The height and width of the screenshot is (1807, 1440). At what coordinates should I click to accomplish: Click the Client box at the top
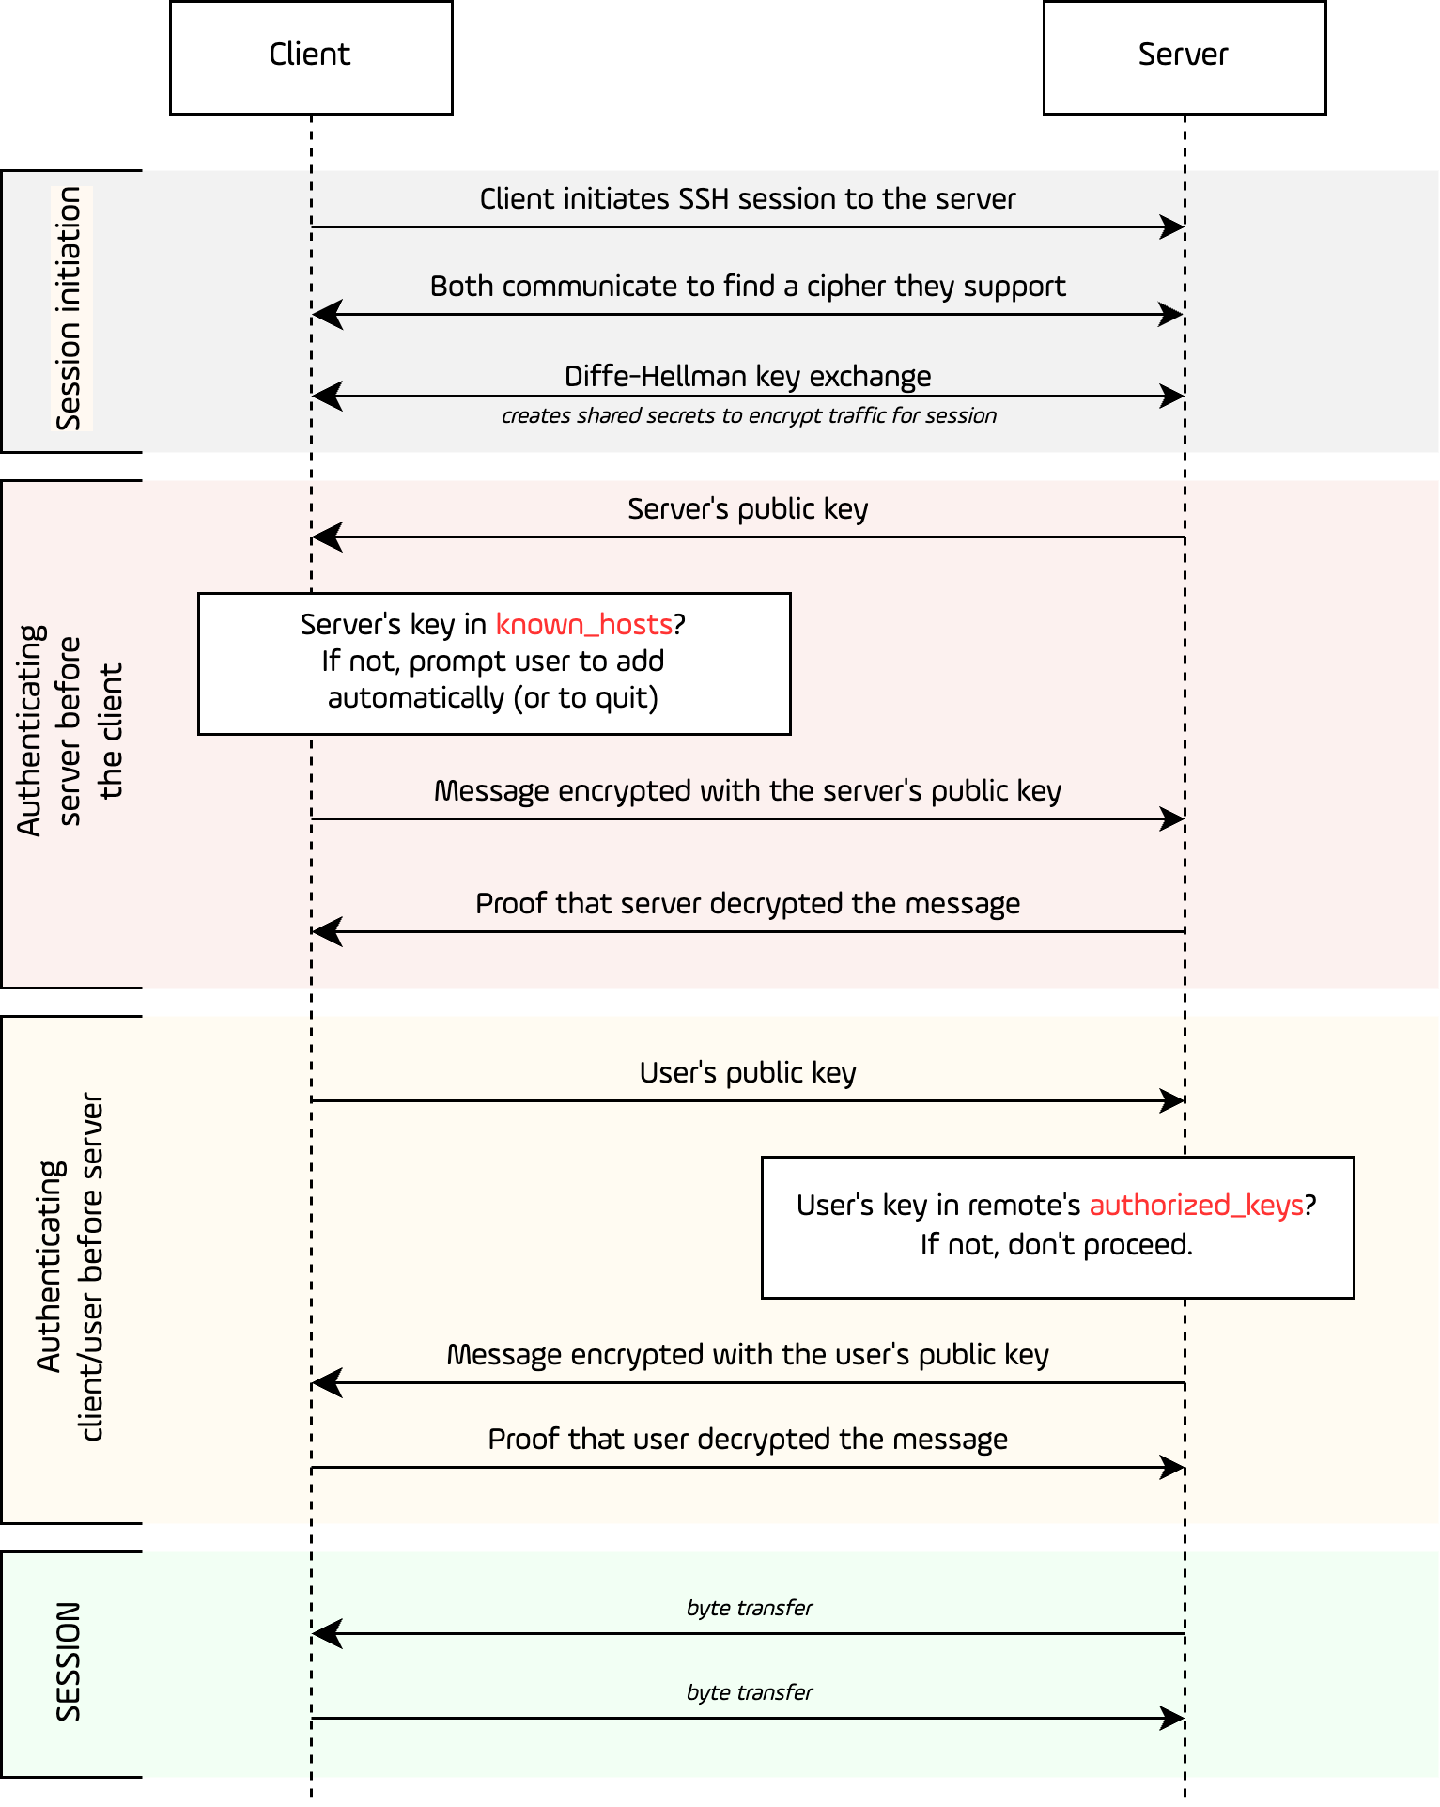(x=310, y=56)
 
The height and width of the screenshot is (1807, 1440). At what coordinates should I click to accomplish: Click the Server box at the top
(x=1184, y=56)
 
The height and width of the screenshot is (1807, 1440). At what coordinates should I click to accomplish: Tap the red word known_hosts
(x=583, y=625)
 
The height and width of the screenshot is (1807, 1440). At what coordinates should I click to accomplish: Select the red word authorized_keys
(x=1196, y=1206)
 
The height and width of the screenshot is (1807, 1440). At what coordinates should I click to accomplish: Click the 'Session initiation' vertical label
(x=70, y=308)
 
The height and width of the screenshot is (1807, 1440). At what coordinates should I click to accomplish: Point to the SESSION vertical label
(x=69, y=1661)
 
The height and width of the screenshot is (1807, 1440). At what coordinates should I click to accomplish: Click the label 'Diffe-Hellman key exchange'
(x=748, y=377)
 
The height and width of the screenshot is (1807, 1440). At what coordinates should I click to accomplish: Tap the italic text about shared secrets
(x=749, y=416)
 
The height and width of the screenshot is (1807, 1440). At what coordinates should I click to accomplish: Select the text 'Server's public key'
(x=748, y=509)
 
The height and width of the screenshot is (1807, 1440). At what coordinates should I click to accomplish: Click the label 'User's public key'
(x=748, y=1073)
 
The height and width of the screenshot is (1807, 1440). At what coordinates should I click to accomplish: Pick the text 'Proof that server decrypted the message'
(x=748, y=904)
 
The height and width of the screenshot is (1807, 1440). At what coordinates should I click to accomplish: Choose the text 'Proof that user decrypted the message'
(x=748, y=1440)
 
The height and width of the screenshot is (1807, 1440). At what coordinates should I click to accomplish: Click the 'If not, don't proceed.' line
(x=1056, y=1245)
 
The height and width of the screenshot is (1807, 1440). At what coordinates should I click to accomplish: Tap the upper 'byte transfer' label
(x=749, y=1608)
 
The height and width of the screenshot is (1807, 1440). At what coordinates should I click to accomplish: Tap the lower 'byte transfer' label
(x=749, y=1692)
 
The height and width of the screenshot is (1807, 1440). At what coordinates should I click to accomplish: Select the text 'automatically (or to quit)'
(x=493, y=698)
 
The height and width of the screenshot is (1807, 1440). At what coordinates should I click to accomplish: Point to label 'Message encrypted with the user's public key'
(x=748, y=1355)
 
